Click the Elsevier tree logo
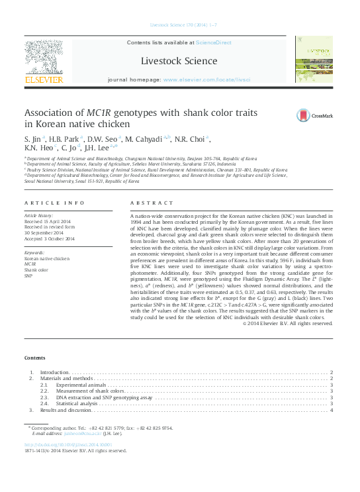point(44,60)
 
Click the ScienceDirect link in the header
point(214,42)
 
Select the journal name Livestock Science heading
point(179,61)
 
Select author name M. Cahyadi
point(147,138)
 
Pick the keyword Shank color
point(36,270)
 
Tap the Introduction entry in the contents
point(54,373)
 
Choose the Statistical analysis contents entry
point(77,403)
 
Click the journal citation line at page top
point(179,25)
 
